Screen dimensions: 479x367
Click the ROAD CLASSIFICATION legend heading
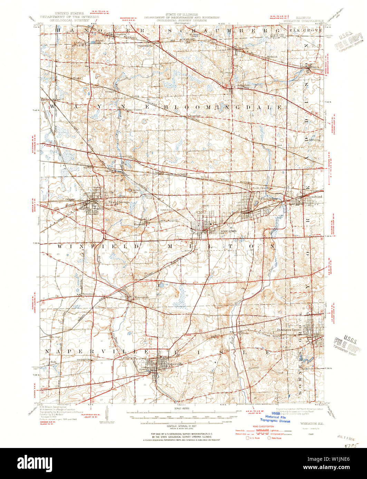260,428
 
